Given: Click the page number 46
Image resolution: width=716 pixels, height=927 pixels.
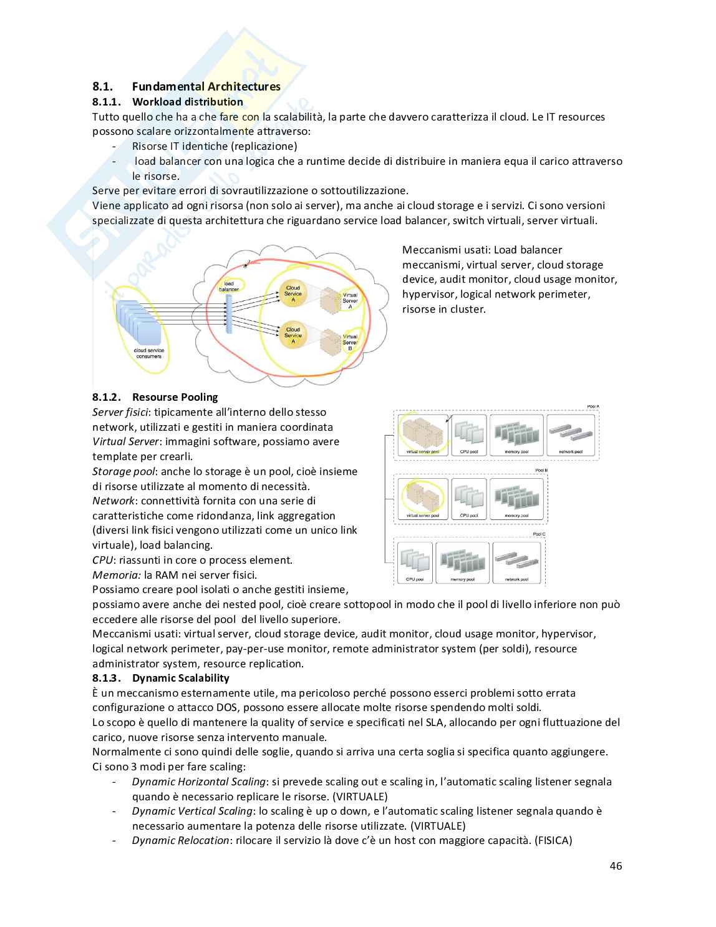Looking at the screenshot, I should (x=616, y=865).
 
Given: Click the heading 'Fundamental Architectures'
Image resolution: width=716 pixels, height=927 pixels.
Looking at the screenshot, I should (x=206, y=87).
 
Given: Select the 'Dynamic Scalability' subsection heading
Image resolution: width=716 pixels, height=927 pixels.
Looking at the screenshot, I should (x=180, y=678).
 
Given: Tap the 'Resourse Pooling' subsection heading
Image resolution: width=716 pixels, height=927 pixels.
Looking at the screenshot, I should (x=175, y=397).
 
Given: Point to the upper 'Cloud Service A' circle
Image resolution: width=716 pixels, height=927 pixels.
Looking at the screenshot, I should (x=293, y=293).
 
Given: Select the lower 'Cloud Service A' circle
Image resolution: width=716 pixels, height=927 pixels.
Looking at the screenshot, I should (x=293, y=335).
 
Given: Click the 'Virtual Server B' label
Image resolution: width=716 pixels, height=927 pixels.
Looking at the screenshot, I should (x=350, y=341).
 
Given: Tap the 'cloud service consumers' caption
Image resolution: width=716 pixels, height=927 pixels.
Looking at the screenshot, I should (x=148, y=353).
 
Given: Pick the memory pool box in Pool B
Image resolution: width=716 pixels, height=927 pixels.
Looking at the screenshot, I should (x=516, y=498).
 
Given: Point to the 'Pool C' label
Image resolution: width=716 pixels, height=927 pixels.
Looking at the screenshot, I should (x=539, y=534).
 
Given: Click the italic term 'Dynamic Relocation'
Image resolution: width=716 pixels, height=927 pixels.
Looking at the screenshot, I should (x=180, y=840).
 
